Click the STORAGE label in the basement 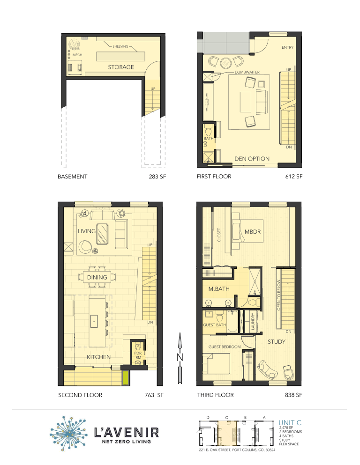coord(121,67)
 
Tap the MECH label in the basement coord(77,55)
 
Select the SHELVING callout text coord(120,47)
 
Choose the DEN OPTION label coord(252,159)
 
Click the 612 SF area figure coord(293,177)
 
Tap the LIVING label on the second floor coord(87,231)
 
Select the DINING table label coord(97,277)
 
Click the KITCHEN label coord(98,357)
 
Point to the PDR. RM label coord(138,355)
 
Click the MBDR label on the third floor coord(253,232)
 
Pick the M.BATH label coord(219,289)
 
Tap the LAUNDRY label coord(253,322)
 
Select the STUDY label coord(276,342)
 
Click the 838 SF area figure coord(293,395)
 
